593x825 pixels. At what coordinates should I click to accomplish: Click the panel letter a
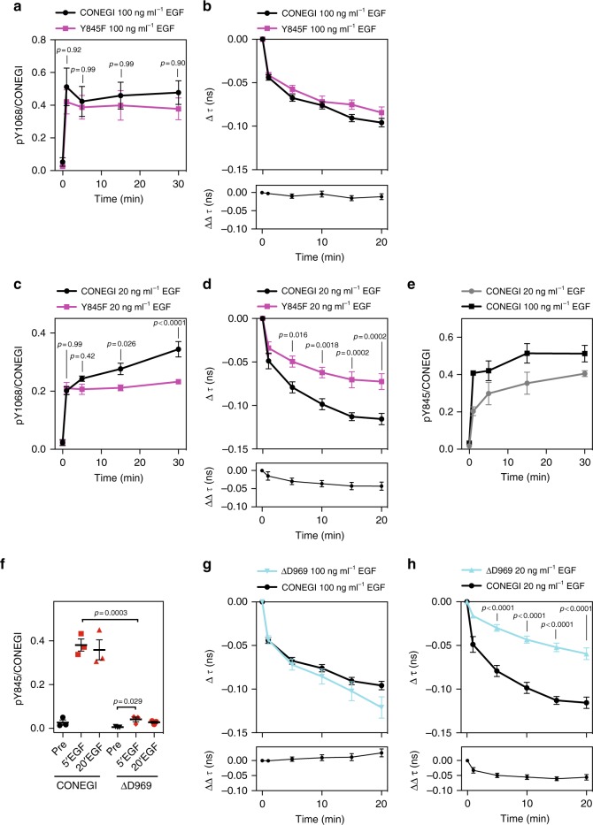pos(8,9)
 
